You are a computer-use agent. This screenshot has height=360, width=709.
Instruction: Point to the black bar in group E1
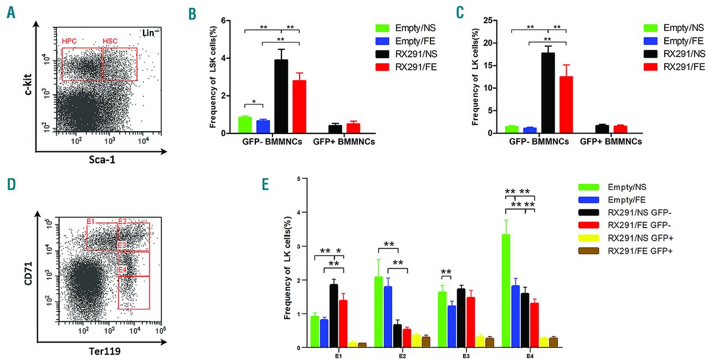pyautogui.click(x=333, y=316)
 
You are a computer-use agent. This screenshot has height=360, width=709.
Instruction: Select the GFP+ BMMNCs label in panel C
pyautogui.click(x=611, y=142)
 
